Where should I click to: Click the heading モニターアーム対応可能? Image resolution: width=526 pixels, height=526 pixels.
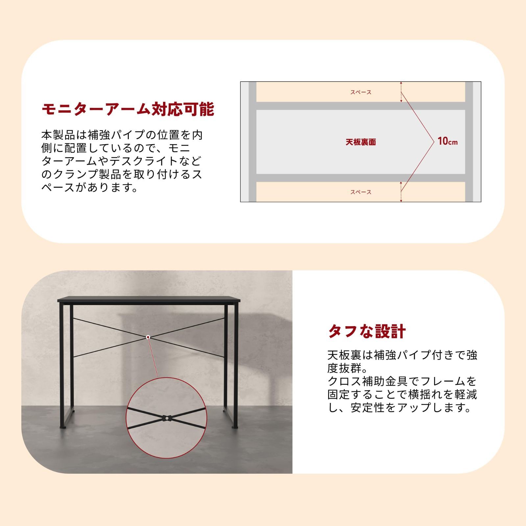pyautogui.click(x=128, y=109)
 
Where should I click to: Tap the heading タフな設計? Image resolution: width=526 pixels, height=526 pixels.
pyautogui.click(x=367, y=331)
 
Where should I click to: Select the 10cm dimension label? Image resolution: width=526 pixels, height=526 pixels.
pyautogui.click(x=447, y=141)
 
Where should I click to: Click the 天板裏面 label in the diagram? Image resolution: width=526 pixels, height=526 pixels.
pyautogui.click(x=361, y=142)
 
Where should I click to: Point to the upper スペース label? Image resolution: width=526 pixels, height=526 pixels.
pyautogui.click(x=361, y=92)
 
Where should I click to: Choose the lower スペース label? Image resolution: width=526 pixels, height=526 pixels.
pyautogui.click(x=361, y=192)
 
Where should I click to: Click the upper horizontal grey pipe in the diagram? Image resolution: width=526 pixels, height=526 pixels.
pyautogui.click(x=361, y=106)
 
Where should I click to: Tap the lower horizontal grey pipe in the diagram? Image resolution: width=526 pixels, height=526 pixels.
pyautogui.click(x=361, y=178)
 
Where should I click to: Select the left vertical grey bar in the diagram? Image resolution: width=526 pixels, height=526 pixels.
pyautogui.click(x=252, y=142)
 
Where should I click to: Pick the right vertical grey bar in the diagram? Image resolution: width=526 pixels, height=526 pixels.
pyautogui.click(x=469, y=142)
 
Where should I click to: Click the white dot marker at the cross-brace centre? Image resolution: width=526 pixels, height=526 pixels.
pyautogui.click(x=148, y=337)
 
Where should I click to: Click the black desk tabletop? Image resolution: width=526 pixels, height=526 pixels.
pyautogui.click(x=149, y=300)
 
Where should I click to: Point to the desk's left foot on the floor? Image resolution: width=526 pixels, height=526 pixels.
pyautogui.click(x=62, y=427)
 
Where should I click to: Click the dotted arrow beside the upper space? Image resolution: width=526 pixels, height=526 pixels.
pyautogui.click(x=401, y=92)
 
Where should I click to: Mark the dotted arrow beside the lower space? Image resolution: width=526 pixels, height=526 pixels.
pyautogui.click(x=401, y=192)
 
